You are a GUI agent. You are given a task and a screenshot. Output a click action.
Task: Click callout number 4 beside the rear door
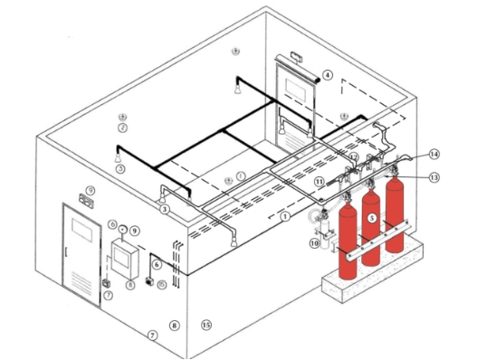329,75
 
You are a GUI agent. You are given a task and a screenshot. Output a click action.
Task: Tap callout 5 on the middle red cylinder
371,218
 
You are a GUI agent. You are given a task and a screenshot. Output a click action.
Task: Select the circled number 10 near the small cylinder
314,242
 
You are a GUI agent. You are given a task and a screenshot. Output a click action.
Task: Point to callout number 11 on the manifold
320,182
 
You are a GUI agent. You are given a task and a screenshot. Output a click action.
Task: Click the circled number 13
434,177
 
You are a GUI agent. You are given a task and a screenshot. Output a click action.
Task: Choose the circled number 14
434,154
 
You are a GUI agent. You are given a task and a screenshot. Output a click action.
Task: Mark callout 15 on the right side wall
205,325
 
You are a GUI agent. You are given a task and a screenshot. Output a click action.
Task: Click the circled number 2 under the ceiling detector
121,128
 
